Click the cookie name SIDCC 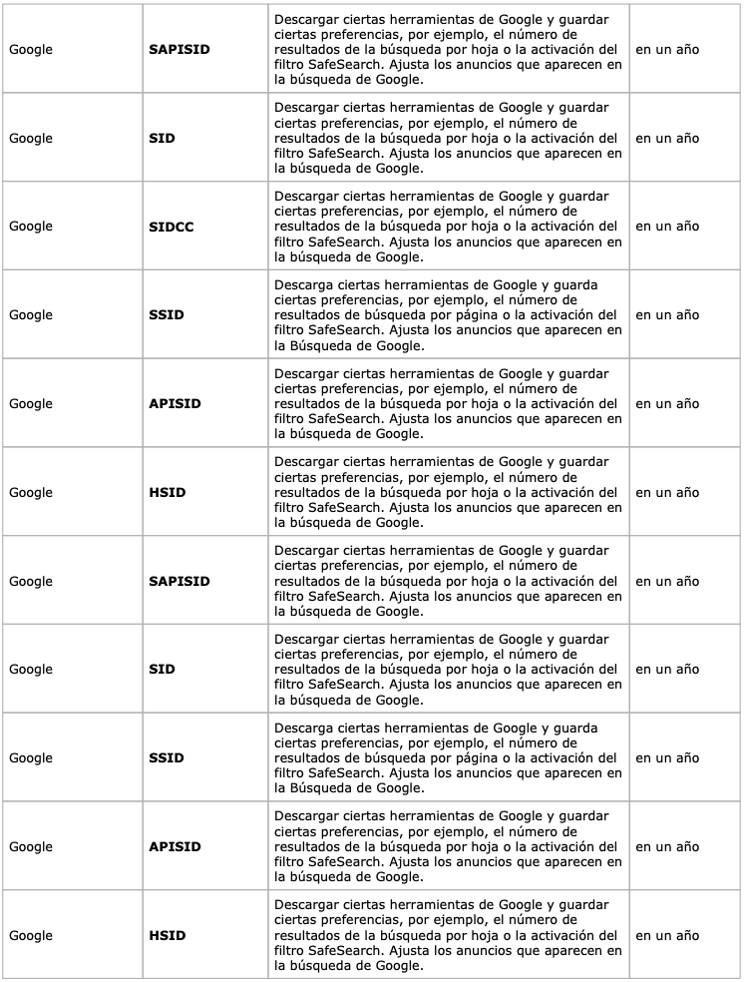(x=171, y=227)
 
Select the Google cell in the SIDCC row (x=31, y=227)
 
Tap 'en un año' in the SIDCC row (x=667, y=227)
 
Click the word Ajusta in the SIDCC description (x=410, y=242)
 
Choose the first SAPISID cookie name (x=179, y=49)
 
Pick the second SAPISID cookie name (x=179, y=581)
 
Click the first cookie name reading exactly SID (x=161, y=138)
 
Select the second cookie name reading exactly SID (x=161, y=670)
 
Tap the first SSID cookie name (x=166, y=315)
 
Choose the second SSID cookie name (x=166, y=758)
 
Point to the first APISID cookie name (x=175, y=404)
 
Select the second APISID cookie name (x=175, y=847)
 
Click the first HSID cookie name (x=167, y=493)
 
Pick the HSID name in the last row (x=167, y=936)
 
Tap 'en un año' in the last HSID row (x=667, y=936)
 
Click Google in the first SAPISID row (x=31, y=49)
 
